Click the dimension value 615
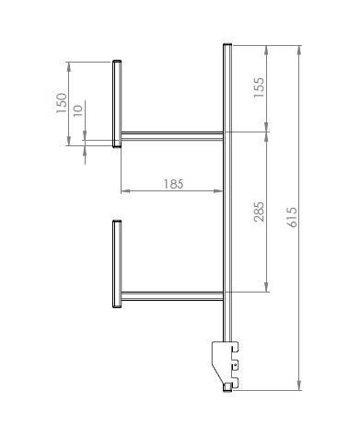coord(293,217)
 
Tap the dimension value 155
coord(259,87)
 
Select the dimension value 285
coord(259,212)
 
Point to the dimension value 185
coord(173,184)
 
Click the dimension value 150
coord(62,103)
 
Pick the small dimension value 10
coord(78,110)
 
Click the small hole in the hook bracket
coord(235,365)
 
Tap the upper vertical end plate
coord(117,104)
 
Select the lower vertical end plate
coord(117,264)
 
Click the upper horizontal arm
coord(172,136)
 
